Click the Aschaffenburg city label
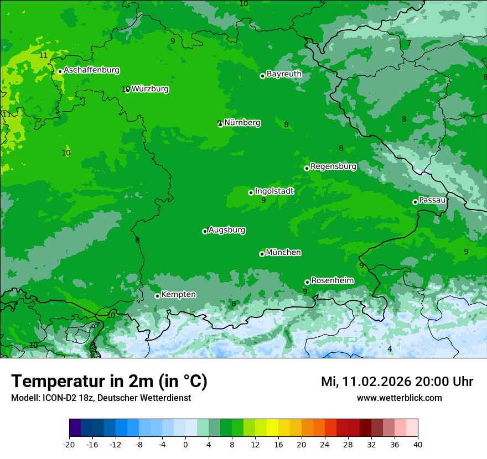click(91, 70)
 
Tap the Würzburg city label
click(150, 89)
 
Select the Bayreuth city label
click(284, 74)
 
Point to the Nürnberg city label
click(242, 123)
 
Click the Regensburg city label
click(333, 166)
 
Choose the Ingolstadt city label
click(274, 191)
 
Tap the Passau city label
click(432, 200)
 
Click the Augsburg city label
click(227, 230)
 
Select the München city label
click(283, 253)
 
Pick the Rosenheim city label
click(332, 281)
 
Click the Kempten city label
click(178, 295)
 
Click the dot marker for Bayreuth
click(262, 76)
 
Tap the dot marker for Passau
click(415, 202)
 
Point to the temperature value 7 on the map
click(409, 44)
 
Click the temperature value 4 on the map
click(390, 349)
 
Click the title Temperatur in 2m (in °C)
click(109, 382)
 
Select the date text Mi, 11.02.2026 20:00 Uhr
click(397, 382)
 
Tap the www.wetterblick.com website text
click(399, 398)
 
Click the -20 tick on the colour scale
click(69, 444)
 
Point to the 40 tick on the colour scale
click(418, 444)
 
